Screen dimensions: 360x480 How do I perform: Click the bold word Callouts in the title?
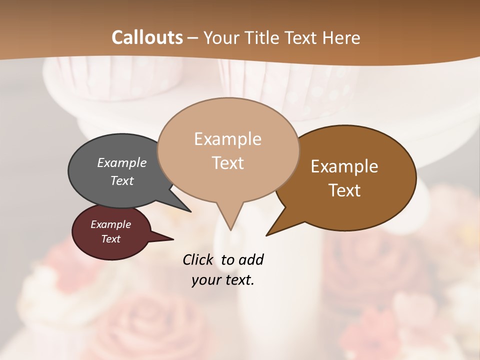147,37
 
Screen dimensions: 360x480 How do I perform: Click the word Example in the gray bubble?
122,162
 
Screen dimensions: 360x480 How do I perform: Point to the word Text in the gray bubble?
122,180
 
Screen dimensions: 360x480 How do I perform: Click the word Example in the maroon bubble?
110,224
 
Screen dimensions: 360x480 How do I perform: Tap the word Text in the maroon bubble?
110,239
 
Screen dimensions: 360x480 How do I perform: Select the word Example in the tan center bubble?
227,139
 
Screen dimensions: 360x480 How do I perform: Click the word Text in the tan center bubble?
227,163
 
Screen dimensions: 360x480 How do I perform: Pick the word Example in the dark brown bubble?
344,166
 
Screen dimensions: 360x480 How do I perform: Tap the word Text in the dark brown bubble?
344,190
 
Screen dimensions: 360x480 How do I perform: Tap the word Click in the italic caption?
197,259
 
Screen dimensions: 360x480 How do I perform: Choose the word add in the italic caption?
251,259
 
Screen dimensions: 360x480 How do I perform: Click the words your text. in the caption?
223,280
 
